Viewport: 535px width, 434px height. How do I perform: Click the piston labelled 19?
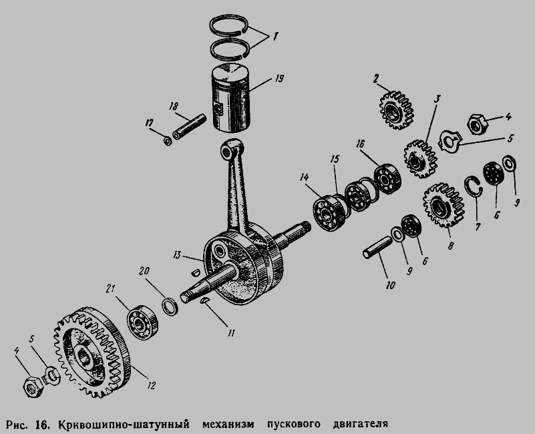(230, 98)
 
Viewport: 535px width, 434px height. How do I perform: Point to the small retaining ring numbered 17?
(168, 141)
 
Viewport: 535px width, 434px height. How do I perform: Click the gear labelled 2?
(397, 110)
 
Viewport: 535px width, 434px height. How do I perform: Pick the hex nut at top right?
(478, 124)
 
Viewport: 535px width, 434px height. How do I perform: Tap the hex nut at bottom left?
(33, 387)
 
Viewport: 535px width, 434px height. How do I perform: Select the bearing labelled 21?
(142, 321)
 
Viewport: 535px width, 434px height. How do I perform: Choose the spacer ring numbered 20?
(170, 306)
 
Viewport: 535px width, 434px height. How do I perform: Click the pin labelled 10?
(378, 247)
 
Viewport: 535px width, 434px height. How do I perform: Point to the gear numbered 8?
(443, 205)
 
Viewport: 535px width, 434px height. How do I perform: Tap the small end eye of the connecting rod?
(228, 150)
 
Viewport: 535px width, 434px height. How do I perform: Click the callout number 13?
(177, 255)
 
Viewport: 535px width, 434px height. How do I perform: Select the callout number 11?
(231, 333)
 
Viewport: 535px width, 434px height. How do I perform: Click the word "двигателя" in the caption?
(360, 424)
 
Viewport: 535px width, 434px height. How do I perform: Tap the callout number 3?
(436, 99)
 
